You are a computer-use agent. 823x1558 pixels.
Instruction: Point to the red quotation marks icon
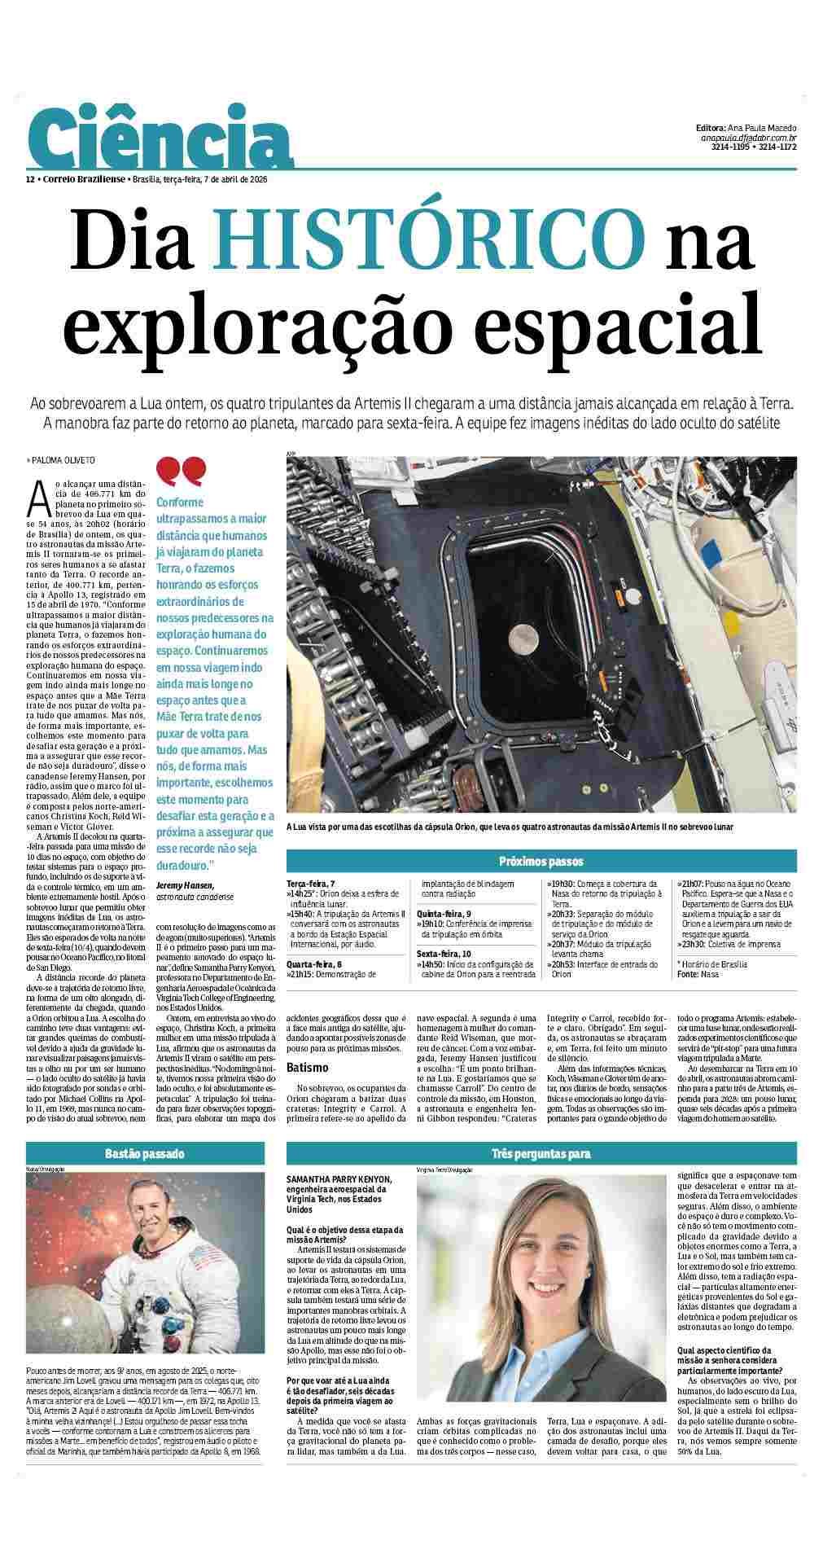pos(181,471)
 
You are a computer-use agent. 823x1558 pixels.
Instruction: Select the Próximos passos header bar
pos(541,862)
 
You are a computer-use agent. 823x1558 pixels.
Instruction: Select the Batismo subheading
pos(307,1067)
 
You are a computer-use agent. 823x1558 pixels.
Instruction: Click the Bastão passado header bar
pos(145,1153)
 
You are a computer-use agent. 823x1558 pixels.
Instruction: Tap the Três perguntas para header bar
pos(541,1153)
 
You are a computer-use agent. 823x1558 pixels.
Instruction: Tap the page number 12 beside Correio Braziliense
pos(30,179)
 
